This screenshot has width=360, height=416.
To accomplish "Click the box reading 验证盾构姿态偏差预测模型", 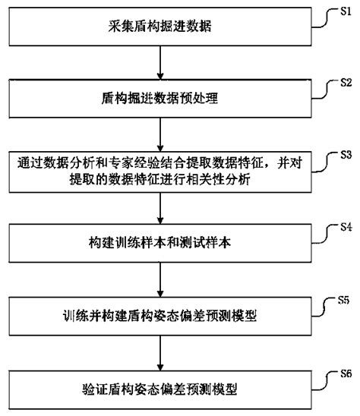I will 158,389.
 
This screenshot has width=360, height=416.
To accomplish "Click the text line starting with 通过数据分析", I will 158,162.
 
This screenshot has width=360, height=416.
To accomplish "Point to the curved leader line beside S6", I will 324,380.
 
